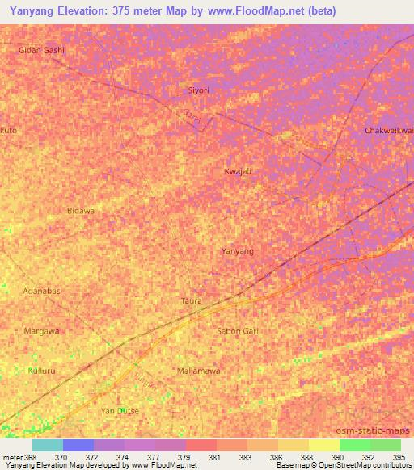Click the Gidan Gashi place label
41,50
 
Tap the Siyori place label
198,90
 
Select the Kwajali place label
238,171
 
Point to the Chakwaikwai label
389,131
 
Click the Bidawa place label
81,210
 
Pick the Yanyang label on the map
238,251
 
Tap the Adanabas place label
42,290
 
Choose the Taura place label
191,300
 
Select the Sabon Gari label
236,331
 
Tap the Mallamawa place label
198,371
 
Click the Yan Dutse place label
120,411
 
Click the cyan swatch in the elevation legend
48,445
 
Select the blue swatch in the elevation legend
78,445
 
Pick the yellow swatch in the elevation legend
324,445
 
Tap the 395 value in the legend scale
400,457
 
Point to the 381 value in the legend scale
214,457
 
